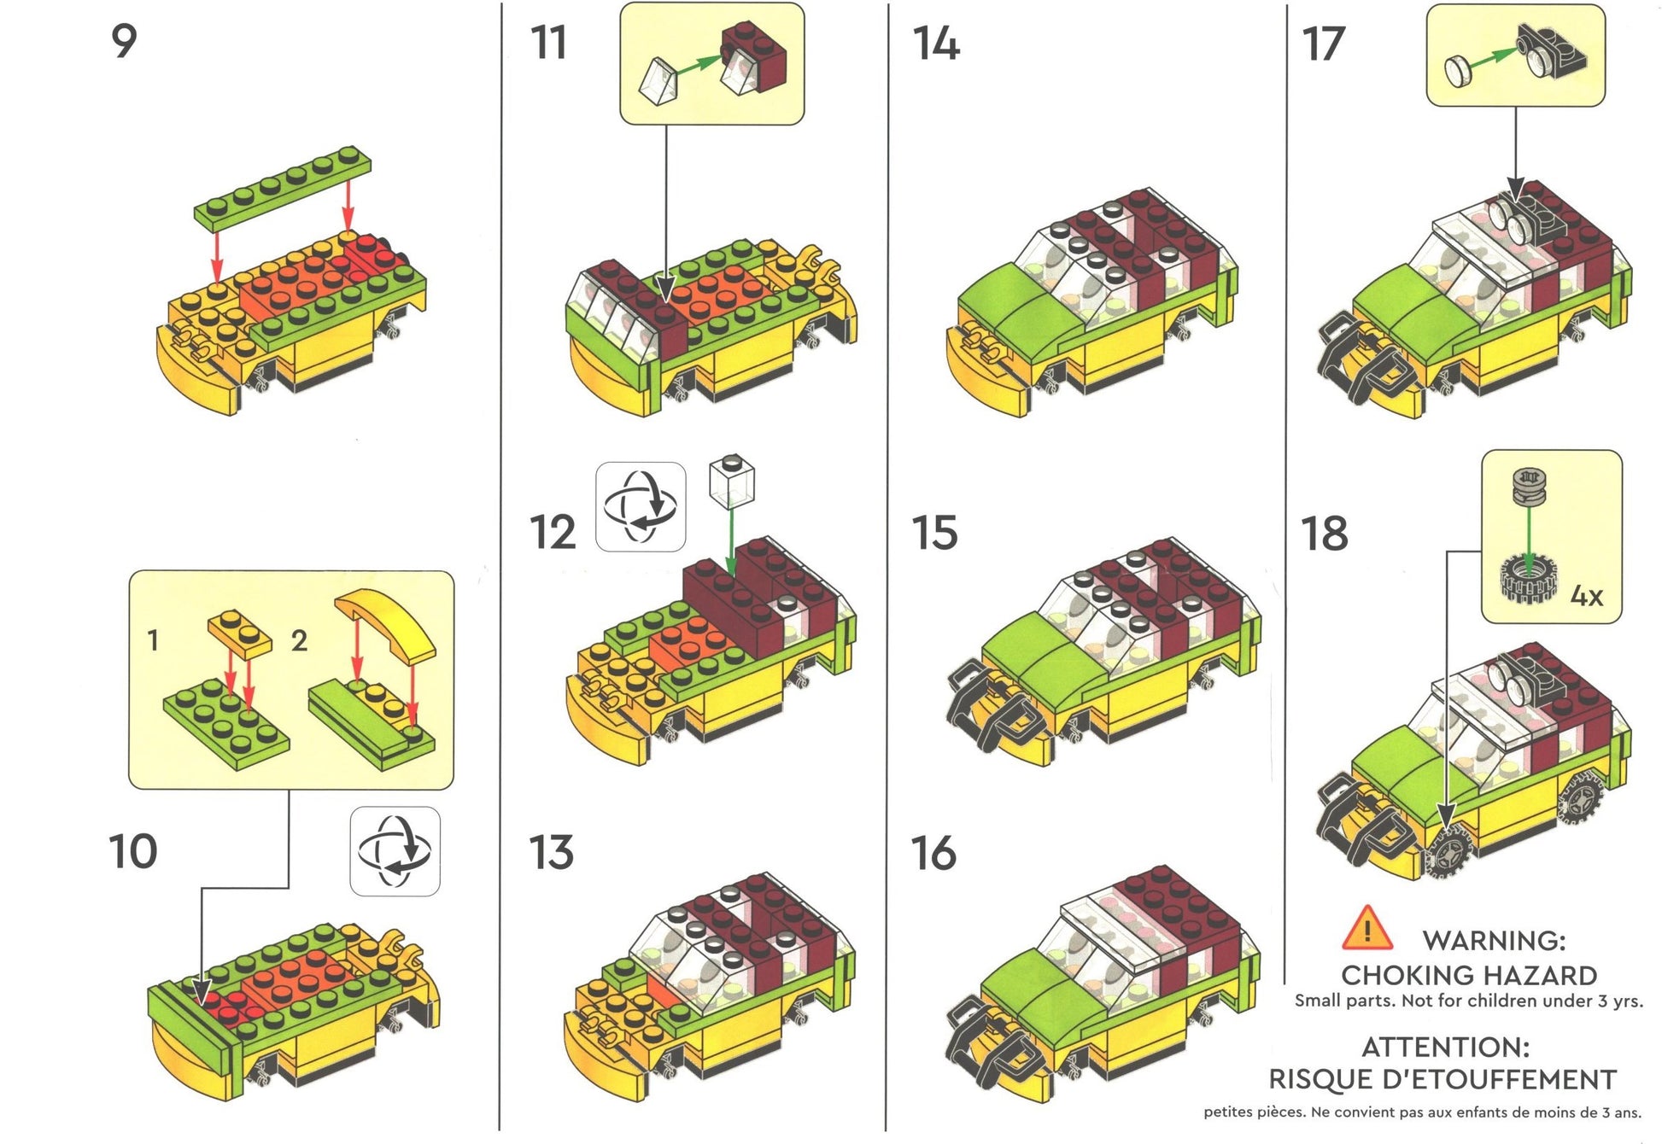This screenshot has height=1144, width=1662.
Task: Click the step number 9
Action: [x=124, y=41]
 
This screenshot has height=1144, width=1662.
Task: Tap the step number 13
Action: [x=552, y=852]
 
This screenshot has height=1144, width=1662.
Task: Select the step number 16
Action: [x=933, y=853]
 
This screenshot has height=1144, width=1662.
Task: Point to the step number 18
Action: [x=1325, y=534]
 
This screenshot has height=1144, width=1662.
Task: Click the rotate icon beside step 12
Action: [x=641, y=506]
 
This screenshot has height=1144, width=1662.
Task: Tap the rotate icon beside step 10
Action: [x=395, y=851]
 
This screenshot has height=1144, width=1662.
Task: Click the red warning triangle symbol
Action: [x=1366, y=929]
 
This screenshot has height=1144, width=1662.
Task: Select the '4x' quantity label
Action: [x=1586, y=596]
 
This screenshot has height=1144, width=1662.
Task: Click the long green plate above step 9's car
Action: [x=283, y=188]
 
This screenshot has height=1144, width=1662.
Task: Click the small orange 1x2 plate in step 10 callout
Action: [x=240, y=632]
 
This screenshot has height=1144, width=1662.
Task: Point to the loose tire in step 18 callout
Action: [x=1530, y=578]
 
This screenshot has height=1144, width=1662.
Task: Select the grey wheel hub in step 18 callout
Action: [x=1530, y=487]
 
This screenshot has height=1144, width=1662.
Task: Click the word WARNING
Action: [x=1494, y=941]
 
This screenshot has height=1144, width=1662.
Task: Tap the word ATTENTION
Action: [x=1445, y=1047]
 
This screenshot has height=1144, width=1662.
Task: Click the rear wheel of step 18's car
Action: [x=1583, y=797]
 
